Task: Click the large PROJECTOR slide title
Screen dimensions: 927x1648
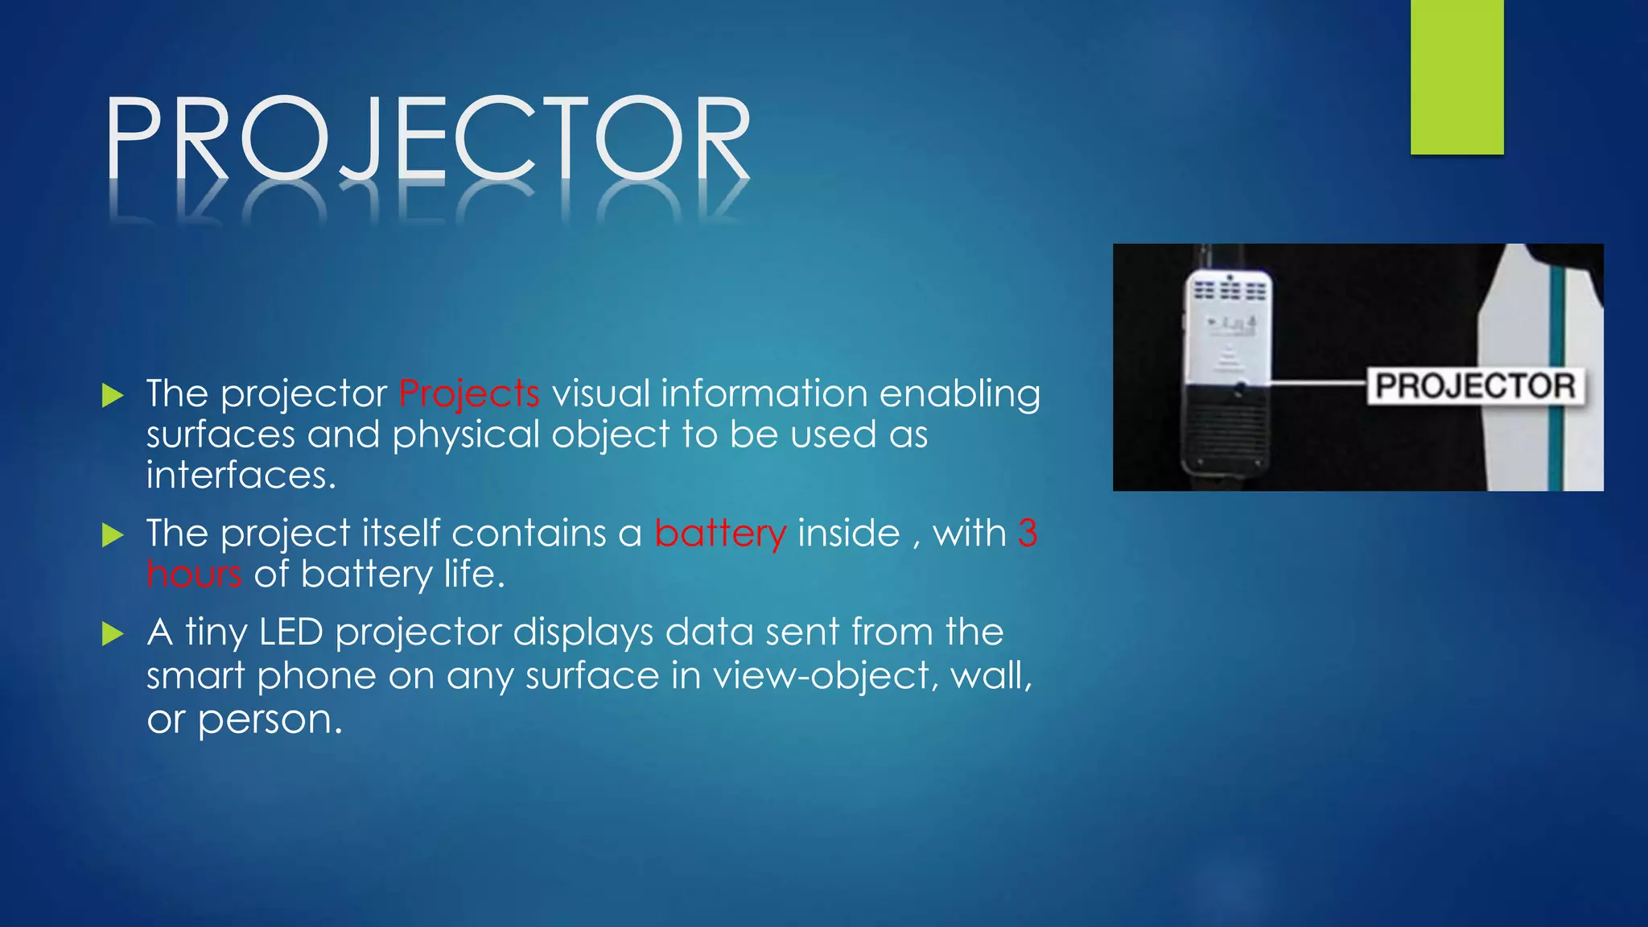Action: click(428, 138)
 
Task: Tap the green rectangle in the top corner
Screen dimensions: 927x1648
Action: click(1456, 76)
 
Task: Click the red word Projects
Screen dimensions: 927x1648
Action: click(469, 394)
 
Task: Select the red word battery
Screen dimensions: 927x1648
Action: click(720, 534)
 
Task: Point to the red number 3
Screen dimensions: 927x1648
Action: click(1028, 534)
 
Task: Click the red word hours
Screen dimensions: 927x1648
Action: click(194, 575)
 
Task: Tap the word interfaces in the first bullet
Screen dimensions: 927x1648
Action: click(241, 475)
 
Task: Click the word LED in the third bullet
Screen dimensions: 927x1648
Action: click(290, 632)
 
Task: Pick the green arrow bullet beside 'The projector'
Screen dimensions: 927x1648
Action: click(113, 395)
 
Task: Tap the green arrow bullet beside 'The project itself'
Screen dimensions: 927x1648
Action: click(113, 535)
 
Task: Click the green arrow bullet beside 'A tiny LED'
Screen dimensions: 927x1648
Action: click(113, 634)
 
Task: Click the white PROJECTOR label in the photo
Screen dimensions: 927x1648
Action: click(1475, 386)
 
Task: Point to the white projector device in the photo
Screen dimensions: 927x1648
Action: click(1228, 370)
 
